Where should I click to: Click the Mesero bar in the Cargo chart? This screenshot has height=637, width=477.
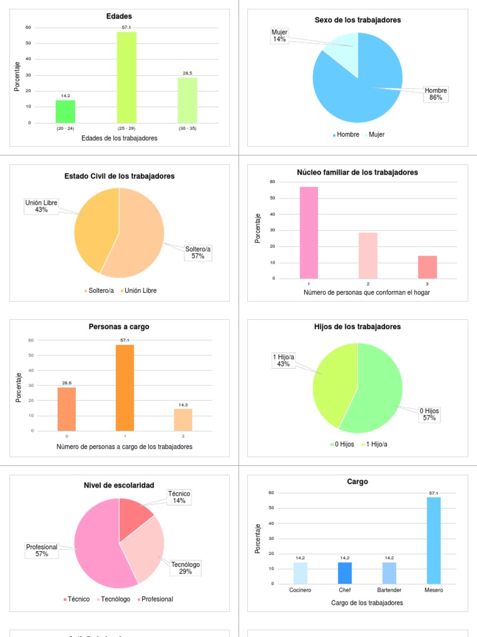click(x=434, y=540)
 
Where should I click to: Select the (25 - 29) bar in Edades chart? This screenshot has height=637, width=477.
click(x=127, y=77)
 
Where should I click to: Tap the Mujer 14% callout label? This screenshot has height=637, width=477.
click(x=279, y=36)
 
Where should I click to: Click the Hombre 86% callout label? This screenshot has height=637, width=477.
click(x=435, y=94)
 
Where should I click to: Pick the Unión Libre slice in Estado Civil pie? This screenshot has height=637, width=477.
click(x=95, y=227)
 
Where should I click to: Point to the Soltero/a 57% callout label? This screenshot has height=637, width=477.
click(x=198, y=253)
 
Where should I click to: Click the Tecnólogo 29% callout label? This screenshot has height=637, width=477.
click(x=186, y=568)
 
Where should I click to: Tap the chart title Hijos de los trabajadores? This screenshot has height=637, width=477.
click(x=358, y=327)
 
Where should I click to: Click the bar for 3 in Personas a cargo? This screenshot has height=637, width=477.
click(x=183, y=419)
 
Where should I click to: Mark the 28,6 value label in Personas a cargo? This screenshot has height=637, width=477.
click(x=66, y=383)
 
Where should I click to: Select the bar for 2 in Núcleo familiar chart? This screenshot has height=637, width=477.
click(x=368, y=255)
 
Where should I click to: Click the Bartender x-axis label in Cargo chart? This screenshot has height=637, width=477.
click(x=389, y=590)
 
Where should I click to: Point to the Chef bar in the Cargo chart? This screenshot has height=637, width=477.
click(x=345, y=573)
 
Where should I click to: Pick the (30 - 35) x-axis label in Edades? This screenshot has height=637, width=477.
click(x=187, y=128)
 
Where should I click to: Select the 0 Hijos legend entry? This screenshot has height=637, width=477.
click(x=343, y=444)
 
